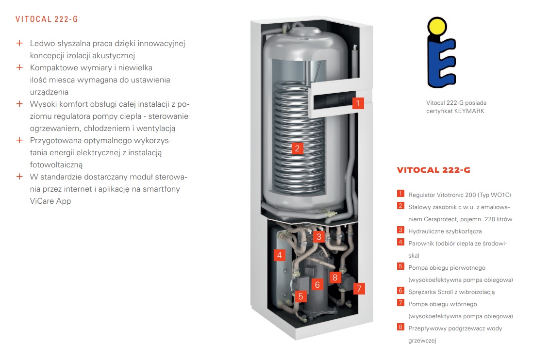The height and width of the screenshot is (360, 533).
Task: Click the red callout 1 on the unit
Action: [358, 103]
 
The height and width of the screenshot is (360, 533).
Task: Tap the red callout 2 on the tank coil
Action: [298, 148]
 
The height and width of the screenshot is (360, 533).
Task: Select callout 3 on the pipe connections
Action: [319, 237]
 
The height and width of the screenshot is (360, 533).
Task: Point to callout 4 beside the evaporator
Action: [280, 255]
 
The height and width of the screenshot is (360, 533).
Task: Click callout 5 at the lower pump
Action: [300, 296]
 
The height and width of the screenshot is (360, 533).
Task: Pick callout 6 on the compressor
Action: [317, 285]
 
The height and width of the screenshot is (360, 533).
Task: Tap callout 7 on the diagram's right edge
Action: [359, 289]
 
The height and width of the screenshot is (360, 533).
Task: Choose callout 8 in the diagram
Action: [335, 278]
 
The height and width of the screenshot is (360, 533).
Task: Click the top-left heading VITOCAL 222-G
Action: [47, 19]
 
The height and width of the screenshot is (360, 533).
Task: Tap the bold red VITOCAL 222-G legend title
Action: [433, 170]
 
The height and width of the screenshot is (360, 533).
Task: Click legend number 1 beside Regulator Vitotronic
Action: [400, 194]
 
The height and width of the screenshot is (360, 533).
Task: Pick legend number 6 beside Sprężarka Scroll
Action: [400, 291]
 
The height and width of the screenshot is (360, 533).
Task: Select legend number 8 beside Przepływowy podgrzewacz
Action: [400, 327]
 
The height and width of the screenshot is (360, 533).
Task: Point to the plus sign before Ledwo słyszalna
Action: [20, 43]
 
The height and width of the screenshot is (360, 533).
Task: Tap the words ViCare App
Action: [50, 201]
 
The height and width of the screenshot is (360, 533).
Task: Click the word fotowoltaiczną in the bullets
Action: [56, 165]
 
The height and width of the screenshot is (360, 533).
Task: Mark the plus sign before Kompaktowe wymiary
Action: [20, 67]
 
